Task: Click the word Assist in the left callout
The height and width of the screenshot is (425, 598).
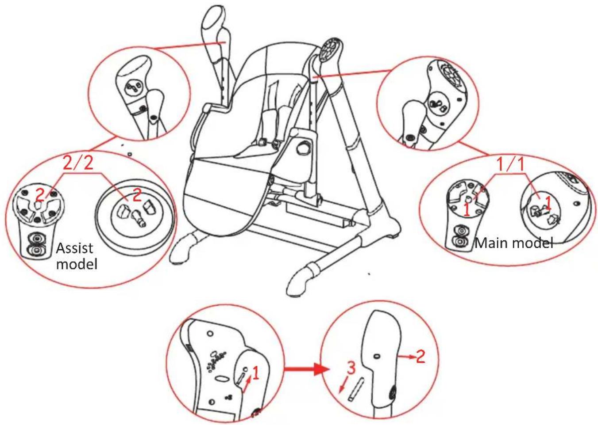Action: coord(74,248)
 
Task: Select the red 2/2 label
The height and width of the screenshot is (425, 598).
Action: coord(78,163)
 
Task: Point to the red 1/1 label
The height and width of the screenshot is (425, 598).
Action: coord(510,164)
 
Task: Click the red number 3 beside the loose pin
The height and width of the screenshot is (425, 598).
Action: coord(351,367)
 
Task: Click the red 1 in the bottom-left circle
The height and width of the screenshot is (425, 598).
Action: coord(255,373)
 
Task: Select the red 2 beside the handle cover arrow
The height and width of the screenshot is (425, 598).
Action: coord(420,356)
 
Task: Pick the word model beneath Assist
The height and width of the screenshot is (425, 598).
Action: coord(77,264)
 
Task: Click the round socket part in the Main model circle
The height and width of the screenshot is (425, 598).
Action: coord(542,208)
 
